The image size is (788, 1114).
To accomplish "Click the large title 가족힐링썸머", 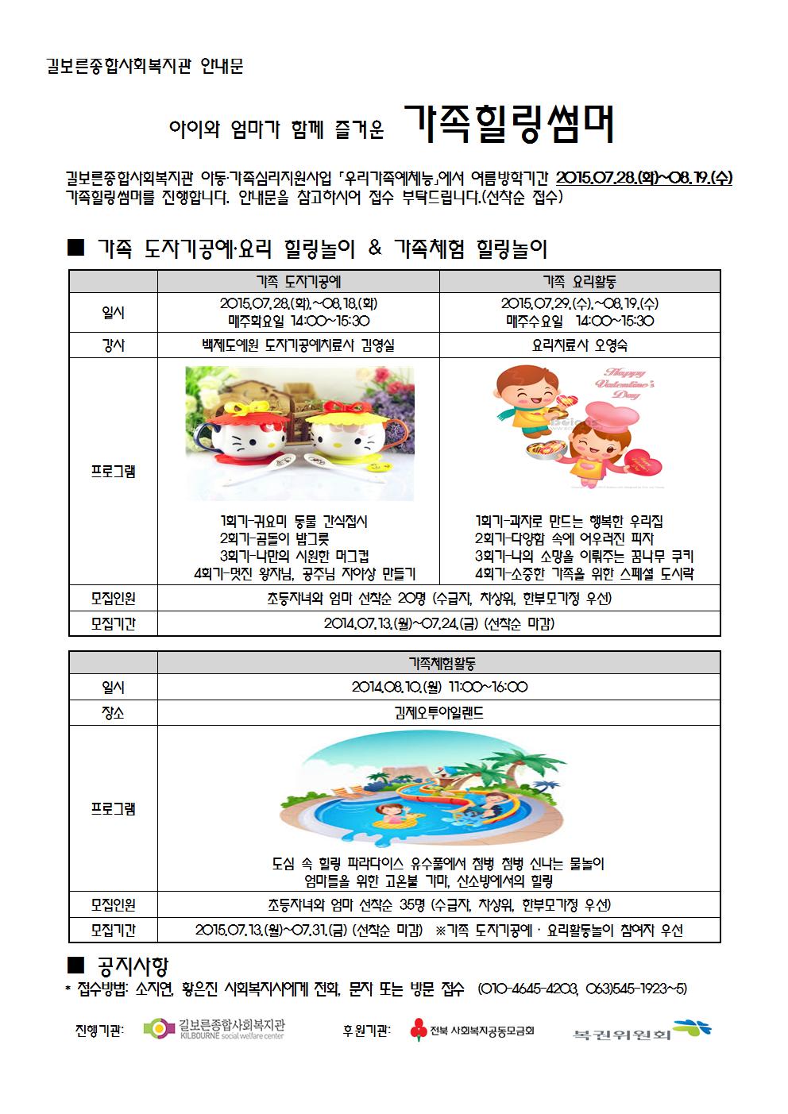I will (x=509, y=124).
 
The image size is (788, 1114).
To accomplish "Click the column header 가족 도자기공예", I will (x=299, y=281).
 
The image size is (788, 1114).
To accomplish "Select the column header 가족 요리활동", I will (x=580, y=281).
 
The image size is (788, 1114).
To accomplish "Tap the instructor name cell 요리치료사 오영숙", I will (x=580, y=345).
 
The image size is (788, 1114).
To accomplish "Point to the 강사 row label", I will (x=114, y=345).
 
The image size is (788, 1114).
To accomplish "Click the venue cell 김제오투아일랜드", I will (x=438, y=713).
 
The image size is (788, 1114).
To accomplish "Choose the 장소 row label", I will (x=114, y=713).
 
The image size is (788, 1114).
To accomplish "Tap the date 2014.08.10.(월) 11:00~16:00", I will (x=439, y=688).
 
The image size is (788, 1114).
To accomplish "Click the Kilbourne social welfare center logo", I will (x=214, y=1030).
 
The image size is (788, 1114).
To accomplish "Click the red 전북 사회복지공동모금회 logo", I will (x=472, y=1031).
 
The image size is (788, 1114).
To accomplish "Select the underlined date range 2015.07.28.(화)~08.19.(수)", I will (x=643, y=178).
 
